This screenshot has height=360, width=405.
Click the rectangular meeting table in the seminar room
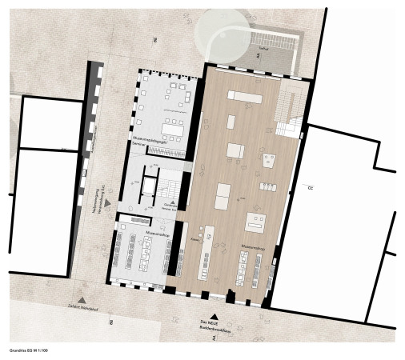[171, 127]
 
